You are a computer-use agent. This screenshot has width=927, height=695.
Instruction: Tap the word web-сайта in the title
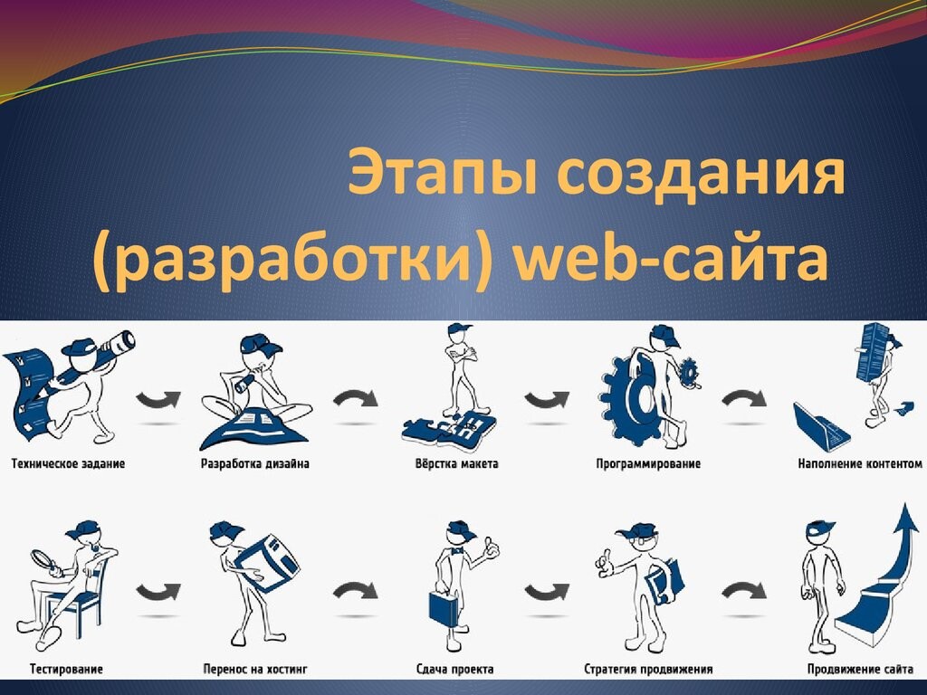(671, 260)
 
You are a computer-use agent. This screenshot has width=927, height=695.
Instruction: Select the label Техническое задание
(69, 464)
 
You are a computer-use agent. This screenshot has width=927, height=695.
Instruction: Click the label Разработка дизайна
(254, 464)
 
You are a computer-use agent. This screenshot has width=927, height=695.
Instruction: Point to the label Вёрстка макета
(457, 464)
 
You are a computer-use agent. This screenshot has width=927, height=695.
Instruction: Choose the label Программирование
(648, 464)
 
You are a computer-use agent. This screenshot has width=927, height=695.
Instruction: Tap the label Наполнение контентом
(860, 464)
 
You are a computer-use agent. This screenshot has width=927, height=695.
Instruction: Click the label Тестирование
(66, 669)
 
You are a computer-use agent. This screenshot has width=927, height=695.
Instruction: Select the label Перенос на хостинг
(255, 669)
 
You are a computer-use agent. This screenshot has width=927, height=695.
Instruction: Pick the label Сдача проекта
(455, 669)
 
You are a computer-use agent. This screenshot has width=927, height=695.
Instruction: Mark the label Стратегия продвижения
(648, 669)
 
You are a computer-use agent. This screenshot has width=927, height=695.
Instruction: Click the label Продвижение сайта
(860, 669)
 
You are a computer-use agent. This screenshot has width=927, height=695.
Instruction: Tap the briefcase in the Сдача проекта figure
(444, 608)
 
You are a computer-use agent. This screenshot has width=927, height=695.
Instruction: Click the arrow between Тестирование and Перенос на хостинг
(158, 592)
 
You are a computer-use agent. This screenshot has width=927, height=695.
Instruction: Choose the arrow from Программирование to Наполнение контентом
(744, 399)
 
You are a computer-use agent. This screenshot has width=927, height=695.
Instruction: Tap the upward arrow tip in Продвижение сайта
(904, 505)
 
